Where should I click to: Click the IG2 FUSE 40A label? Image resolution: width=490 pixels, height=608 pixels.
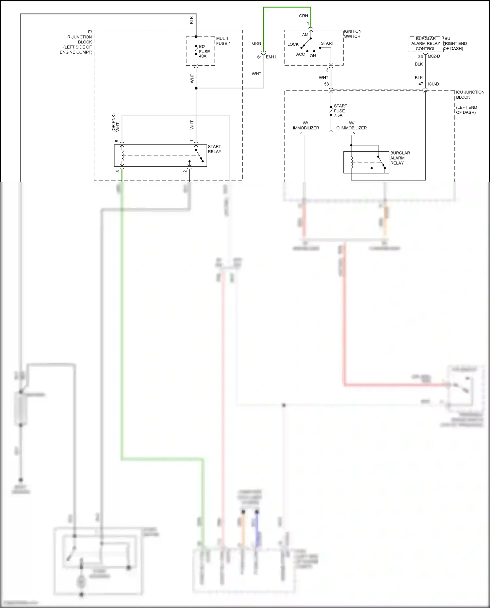tap(204, 51)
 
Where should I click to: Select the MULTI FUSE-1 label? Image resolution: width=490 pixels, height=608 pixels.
tap(223, 41)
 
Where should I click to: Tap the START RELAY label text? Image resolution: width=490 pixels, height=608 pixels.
tap(214, 149)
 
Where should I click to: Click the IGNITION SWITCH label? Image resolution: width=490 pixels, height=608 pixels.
tap(352, 34)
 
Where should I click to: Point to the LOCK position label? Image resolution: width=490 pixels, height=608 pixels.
tap(293, 44)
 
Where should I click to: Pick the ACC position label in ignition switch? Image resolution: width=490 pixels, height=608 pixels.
tap(300, 54)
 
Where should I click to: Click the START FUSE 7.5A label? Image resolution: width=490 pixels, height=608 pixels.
tap(340, 110)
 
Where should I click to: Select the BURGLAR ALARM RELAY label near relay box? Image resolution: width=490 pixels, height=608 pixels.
tap(400, 158)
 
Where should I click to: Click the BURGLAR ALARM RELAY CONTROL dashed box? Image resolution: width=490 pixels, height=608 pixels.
tap(425, 44)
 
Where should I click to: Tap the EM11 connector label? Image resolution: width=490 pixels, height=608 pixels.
tap(271, 57)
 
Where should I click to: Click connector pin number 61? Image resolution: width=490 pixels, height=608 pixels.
tap(259, 57)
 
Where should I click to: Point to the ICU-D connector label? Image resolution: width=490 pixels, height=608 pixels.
tap(433, 84)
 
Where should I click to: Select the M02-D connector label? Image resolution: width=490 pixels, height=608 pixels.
tap(433, 56)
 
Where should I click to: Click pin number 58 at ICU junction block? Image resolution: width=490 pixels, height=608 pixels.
tap(326, 84)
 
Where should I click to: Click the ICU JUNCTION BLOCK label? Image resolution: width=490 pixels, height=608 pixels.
tap(470, 95)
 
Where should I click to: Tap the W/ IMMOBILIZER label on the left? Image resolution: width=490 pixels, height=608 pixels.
tap(306, 125)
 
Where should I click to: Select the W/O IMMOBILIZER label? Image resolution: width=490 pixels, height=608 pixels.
tap(351, 125)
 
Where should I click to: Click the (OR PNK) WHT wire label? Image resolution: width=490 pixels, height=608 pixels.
tap(116, 123)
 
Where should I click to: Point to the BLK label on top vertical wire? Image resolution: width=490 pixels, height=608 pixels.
tap(192, 20)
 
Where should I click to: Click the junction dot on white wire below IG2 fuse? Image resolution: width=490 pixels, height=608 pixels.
tap(196, 88)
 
